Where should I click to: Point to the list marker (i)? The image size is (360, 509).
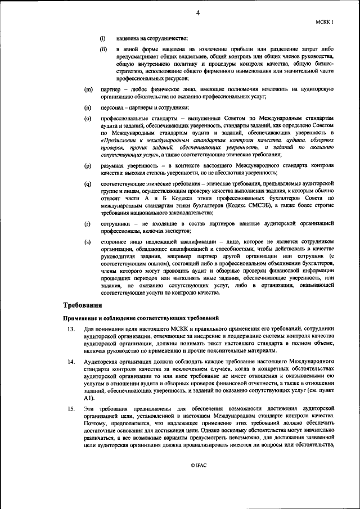103,38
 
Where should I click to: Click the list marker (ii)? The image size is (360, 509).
103,49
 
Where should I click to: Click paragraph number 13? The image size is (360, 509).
71,328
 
